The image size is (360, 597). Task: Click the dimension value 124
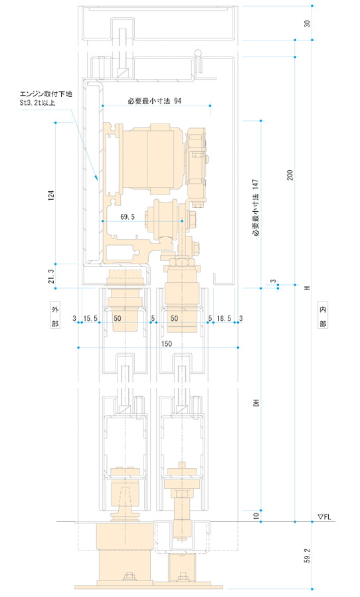[51, 195]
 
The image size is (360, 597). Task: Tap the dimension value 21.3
[51, 276]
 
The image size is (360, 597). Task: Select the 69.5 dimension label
[128, 216]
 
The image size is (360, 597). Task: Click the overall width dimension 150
[167, 344]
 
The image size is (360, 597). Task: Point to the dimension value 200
[290, 175]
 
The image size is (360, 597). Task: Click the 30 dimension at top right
[307, 23]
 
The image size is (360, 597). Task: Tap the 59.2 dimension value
[307, 556]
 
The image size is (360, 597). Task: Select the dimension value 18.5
[224, 318]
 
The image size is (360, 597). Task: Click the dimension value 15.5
[90, 318]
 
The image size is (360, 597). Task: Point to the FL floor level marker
[324, 517]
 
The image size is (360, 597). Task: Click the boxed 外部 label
[56, 316]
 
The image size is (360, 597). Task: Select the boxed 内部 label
[323, 316]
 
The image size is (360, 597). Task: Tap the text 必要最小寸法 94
[154, 101]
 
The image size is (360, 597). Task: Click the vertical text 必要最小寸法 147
[256, 208]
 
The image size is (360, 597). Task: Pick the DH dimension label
[256, 403]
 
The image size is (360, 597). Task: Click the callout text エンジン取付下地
[46, 94]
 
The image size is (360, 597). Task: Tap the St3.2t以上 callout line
[38, 102]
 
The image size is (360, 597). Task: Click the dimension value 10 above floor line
[256, 516]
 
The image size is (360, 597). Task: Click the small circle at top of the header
[198, 52]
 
